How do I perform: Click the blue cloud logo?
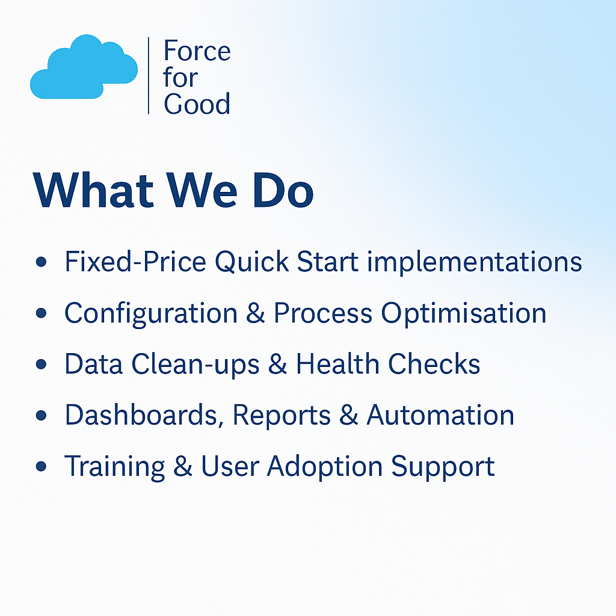point(84,67)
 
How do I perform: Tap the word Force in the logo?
point(197,51)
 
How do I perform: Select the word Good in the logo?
point(197,104)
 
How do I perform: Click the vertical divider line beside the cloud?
point(149,75)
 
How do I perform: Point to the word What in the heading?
point(93,191)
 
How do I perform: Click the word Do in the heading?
point(283,191)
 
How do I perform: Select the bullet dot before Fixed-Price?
point(41,262)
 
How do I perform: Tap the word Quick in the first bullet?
point(252,262)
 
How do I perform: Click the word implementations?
point(474,262)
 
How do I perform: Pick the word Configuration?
point(151,314)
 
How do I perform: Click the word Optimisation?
point(464,314)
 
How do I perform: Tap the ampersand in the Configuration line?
point(256,313)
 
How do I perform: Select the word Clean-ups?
point(196,365)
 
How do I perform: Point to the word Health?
point(337,364)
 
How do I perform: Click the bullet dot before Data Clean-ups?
point(41,364)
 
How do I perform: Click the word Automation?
point(440,415)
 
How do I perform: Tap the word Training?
point(114,467)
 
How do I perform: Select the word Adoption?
point(325,467)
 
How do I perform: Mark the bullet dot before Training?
point(41,466)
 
